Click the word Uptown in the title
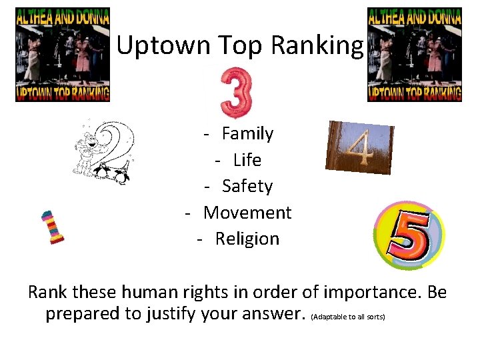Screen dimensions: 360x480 154,46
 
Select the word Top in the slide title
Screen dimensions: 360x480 229,46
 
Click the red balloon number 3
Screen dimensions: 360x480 237,91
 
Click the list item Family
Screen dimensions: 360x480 247,133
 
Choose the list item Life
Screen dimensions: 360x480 247,160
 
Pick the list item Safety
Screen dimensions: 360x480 247,186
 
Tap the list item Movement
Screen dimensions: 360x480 247,213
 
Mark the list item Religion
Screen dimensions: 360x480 247,239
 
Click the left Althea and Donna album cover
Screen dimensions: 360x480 63,55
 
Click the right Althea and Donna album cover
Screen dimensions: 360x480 415,55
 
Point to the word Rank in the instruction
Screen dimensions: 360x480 47,292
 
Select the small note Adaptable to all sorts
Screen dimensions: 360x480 348,317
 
